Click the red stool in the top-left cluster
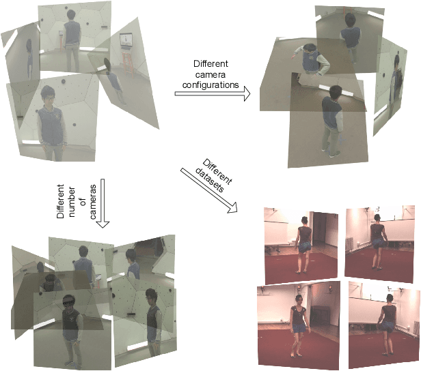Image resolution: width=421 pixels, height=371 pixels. coord(128,62)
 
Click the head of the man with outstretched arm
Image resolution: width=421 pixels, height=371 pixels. coord(310,50)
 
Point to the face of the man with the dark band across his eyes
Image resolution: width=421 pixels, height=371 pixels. coord(69,302)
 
